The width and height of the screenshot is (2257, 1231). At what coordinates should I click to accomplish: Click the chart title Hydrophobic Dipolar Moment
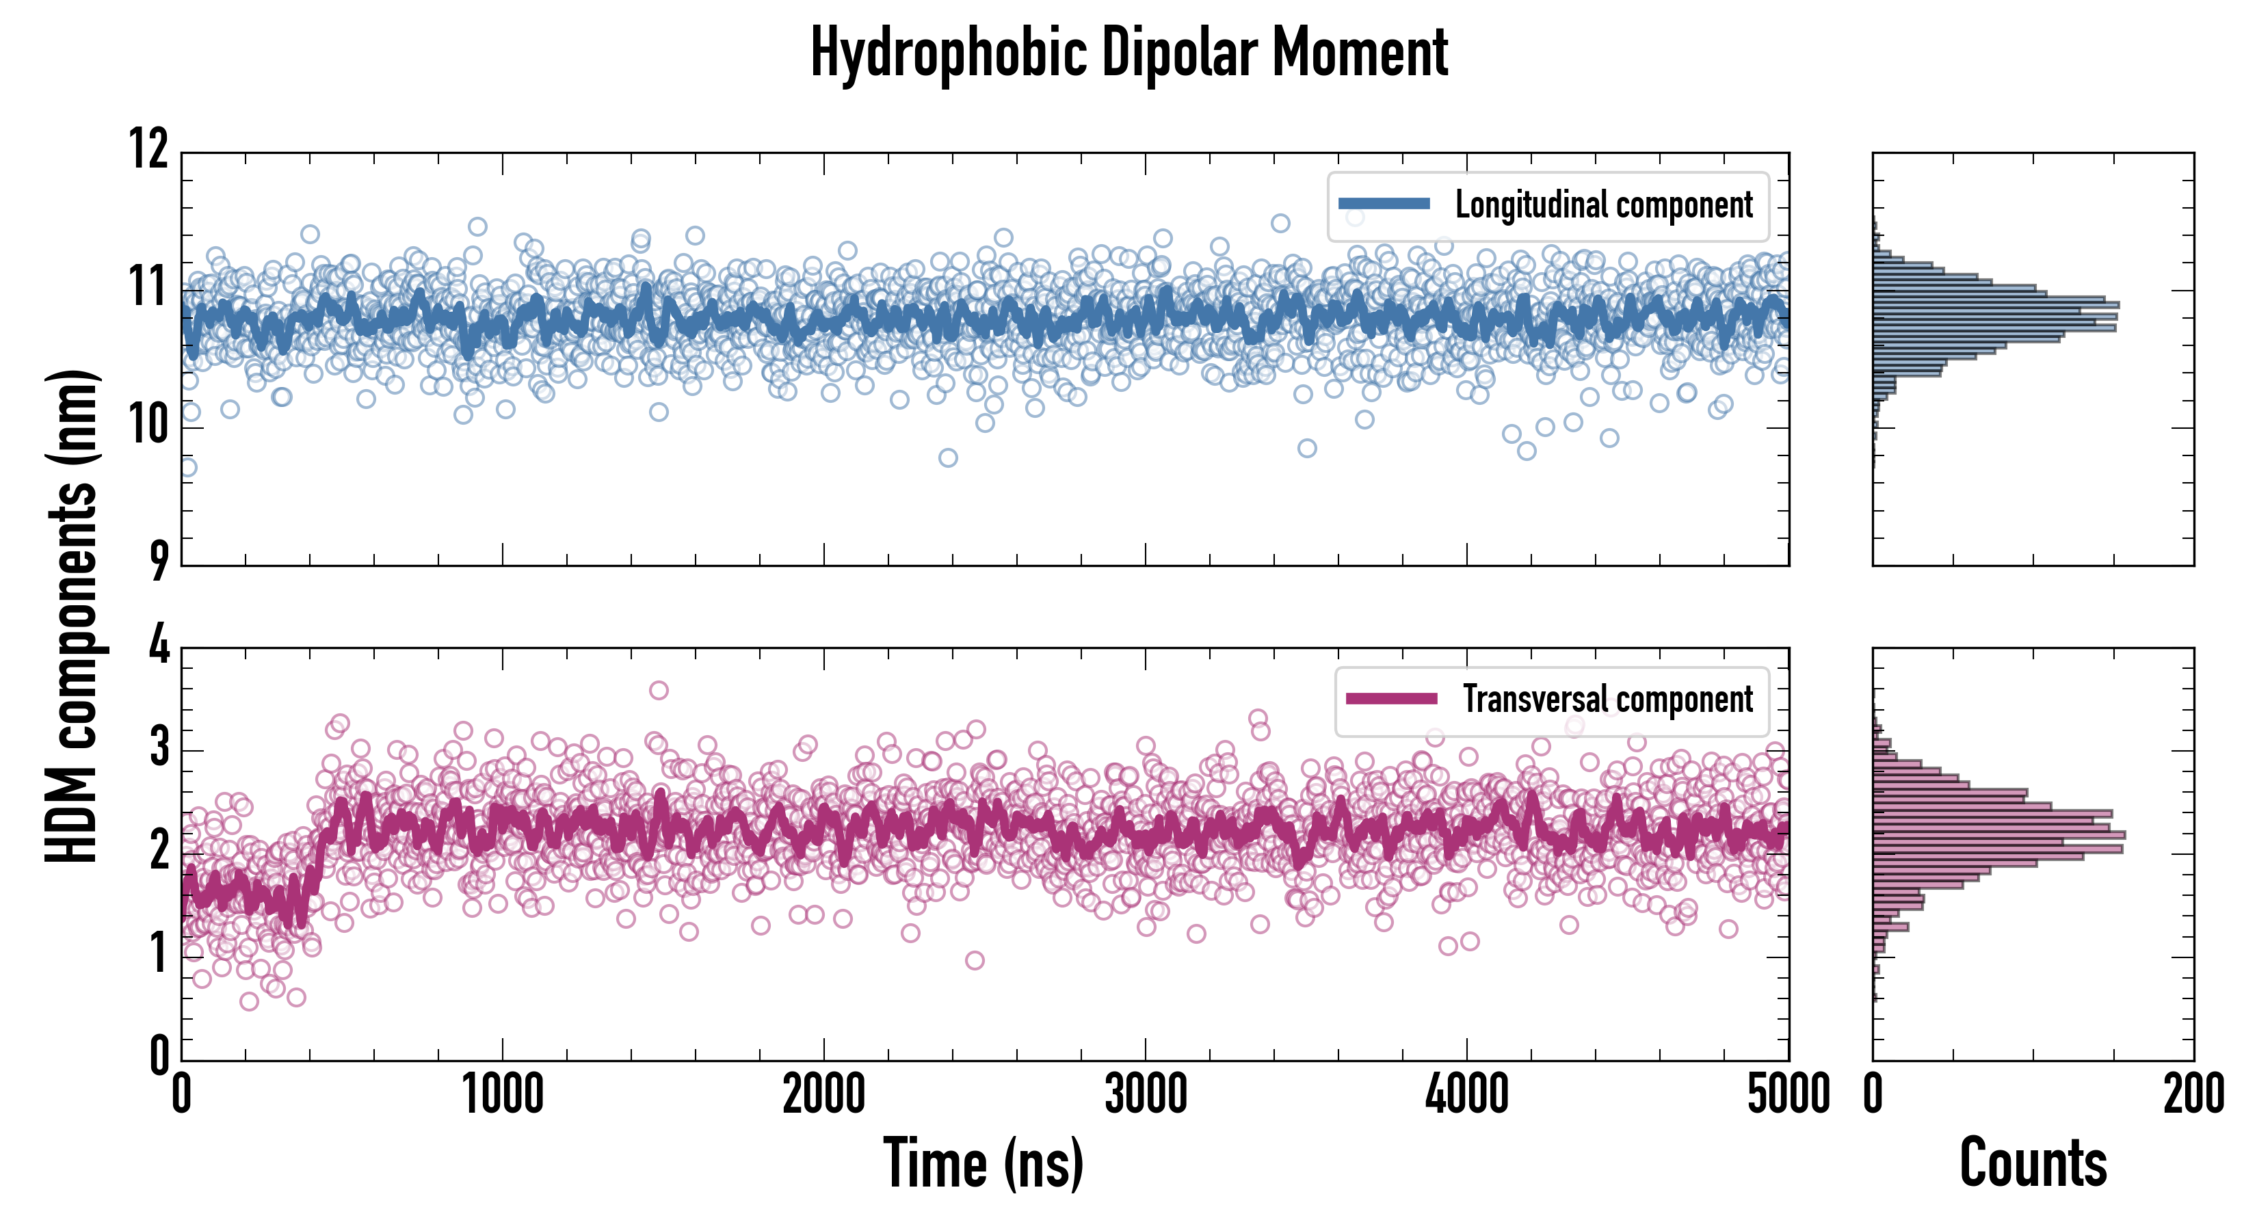1128,53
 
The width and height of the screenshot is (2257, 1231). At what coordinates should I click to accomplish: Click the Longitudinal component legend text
1603,205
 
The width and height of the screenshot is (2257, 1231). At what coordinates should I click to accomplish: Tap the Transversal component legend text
1608,699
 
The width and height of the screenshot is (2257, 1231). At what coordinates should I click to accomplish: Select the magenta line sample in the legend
1391,698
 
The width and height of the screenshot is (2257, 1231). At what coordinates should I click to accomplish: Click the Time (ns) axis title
983,1163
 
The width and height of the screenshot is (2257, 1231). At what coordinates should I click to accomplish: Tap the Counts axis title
2033,1163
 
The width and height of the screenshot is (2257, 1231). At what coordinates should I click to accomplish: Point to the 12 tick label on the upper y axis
149,149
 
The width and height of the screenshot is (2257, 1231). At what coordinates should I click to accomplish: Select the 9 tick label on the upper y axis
159,561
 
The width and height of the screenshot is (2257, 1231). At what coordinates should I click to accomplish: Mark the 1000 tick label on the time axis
503,1094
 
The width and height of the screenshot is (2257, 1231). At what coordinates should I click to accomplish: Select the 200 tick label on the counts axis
2193,1094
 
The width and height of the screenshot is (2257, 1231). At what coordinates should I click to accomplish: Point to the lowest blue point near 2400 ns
948,458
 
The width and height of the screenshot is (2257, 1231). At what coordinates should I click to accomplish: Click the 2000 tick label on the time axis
823,1094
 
